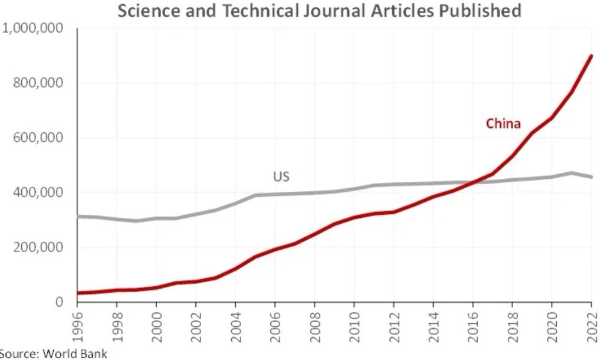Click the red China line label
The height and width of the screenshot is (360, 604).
(x=503, y=123)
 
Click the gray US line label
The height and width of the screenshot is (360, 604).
(x=281, y=176)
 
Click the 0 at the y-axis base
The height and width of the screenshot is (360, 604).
(x=58, y=302)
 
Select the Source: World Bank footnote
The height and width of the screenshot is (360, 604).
(x=54, y=354)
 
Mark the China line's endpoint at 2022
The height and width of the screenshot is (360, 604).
(x=591, y=56)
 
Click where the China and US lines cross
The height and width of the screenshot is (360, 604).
(x=475, y=182)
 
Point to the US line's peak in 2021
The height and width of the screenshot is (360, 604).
(x=571, y=173)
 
